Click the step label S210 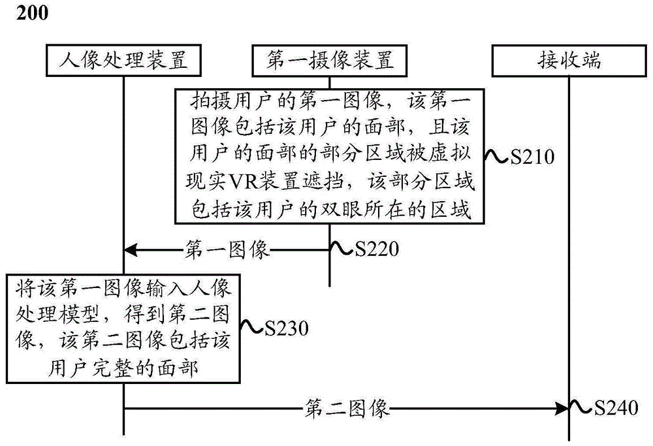coord(532,157)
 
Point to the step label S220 coord(375,249)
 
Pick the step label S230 coord(286,328)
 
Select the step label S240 coord(614,409)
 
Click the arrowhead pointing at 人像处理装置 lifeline coord(130,249)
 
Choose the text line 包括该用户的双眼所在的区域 coord(330,210)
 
